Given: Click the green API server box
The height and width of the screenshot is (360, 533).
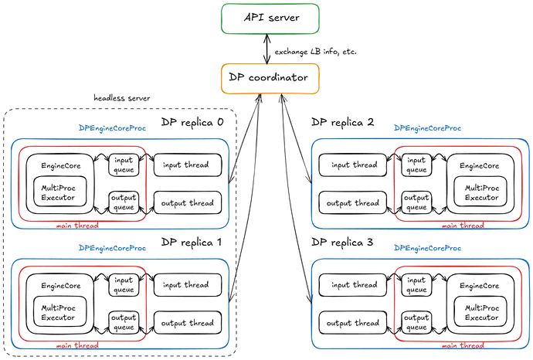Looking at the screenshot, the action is coord(270,19).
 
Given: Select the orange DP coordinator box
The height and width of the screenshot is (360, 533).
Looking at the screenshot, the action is coord(270,79).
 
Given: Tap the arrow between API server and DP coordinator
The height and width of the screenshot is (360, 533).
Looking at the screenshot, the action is coord(267,49).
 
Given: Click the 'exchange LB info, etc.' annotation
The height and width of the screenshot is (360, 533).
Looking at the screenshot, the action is coord(315,52).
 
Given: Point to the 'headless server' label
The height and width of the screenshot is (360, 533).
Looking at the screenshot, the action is coord(122,98).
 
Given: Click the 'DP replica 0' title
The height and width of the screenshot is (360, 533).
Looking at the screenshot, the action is coord(192,122).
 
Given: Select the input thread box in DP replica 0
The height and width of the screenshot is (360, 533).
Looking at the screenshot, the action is coord(188,165).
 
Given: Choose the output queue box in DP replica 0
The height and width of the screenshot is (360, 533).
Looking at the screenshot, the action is coord(124,202).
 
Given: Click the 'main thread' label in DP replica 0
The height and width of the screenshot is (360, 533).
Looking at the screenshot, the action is coord(77,226).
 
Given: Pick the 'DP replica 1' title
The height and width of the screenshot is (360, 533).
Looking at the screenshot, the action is coord(192,242).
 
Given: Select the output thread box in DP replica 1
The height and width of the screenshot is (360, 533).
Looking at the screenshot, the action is coord(188,323).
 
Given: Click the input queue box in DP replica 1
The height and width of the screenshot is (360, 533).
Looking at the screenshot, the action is coord(124,285).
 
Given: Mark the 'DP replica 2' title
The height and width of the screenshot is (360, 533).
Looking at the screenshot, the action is coord(343,122).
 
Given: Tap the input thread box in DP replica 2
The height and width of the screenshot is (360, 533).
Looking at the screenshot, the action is coord(353,165).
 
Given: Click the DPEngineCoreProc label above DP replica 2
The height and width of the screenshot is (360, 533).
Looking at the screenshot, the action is coord(428,128).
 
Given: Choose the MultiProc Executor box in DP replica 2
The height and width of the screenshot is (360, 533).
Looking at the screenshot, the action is coord(480,192).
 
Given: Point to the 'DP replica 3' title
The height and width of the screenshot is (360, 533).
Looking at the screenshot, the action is coord(342,242).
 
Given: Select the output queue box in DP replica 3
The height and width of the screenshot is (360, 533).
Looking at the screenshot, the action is coord(417,323).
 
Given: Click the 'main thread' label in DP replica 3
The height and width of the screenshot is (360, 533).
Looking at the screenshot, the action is coord(463,345).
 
